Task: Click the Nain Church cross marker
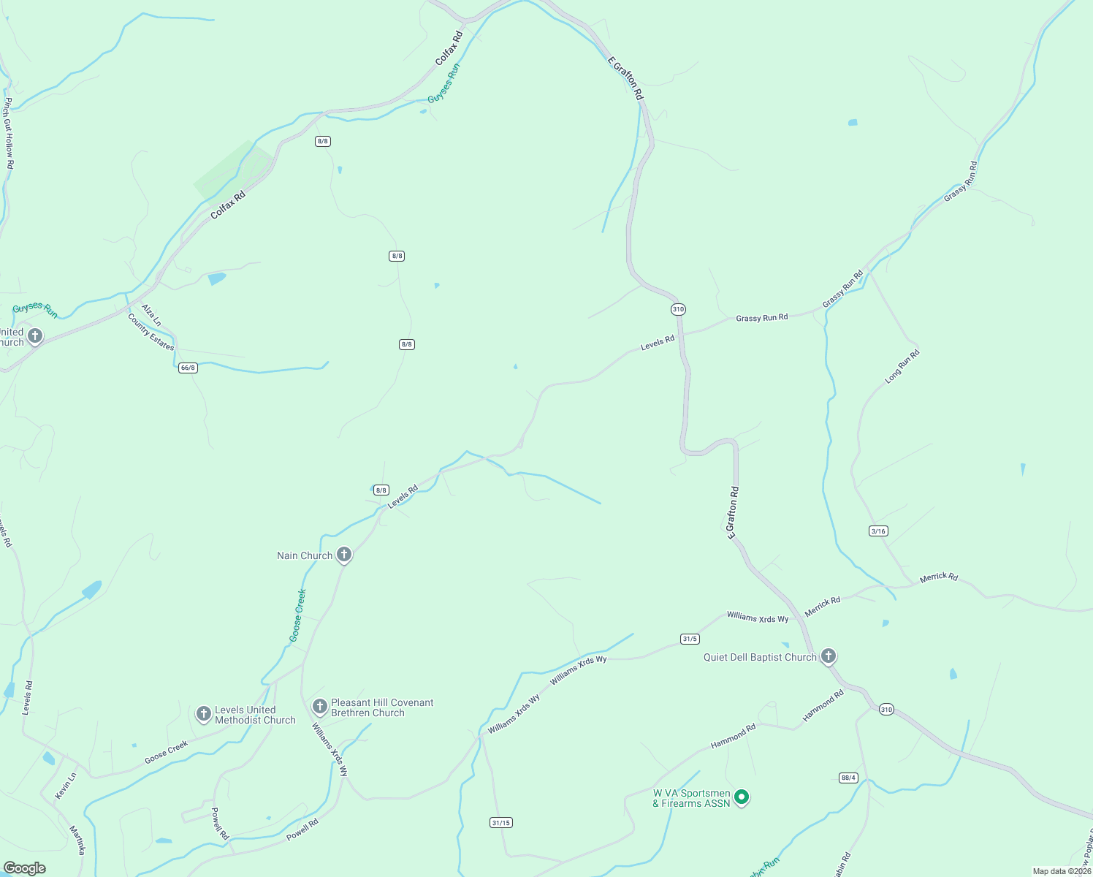pyautogui.click(x=344, y=555)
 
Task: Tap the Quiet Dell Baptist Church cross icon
pyautogui.click(x=828, y=656)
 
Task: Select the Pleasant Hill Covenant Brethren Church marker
pyautogui.click(x=319, y=706)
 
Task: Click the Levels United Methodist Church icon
pyautogui.click(x=204, y=713)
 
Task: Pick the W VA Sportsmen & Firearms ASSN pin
pyautogui.click(x=742, y=797)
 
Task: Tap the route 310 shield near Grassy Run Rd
pyautogui.click(x=678, y=309)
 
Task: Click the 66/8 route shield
pyautogui.click(x=188, y=368)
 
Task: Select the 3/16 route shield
pyautogui.click(x=879, y=531)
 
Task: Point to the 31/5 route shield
pyautogui.click(x=689, y=639)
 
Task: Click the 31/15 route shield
pyautogui.click(x=501, y=823)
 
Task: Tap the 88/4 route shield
pyautogui.click(x=848, y=778)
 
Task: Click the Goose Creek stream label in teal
pyautogui.click(x=297, y=615)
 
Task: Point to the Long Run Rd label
pyautogui.click(x=902, y=367)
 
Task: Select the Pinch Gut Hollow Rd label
pyautogui.click(x=7, y=134)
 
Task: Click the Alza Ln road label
pyautogui.click(x=151, y=315)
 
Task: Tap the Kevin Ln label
pyautogui.click(x=66, y=786)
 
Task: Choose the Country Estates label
pyautogui.click(x=151, y=332)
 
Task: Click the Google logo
pyautogui.click(x=24, y=868)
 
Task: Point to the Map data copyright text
pyautogui.click(x=1061, y=871)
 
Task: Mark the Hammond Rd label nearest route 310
pyautogui.click(x=823, y=706)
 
